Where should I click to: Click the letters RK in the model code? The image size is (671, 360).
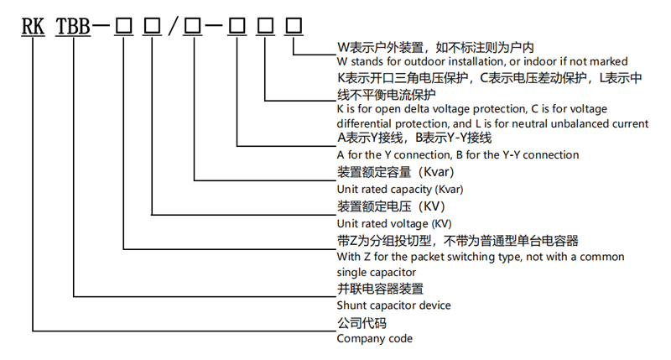coord(34,25)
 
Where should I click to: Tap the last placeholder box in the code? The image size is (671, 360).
coord(294,25)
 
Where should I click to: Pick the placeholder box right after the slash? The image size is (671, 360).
coord(194,25)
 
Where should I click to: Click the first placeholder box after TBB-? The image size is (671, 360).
coord(123,25)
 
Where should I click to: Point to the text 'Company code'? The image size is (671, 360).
coord(374,338)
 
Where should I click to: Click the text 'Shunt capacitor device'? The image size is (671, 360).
coord(393,305)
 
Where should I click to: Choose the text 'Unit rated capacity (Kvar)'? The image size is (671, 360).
coord(399,189)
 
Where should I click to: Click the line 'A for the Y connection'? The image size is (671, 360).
coord(457,154)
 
